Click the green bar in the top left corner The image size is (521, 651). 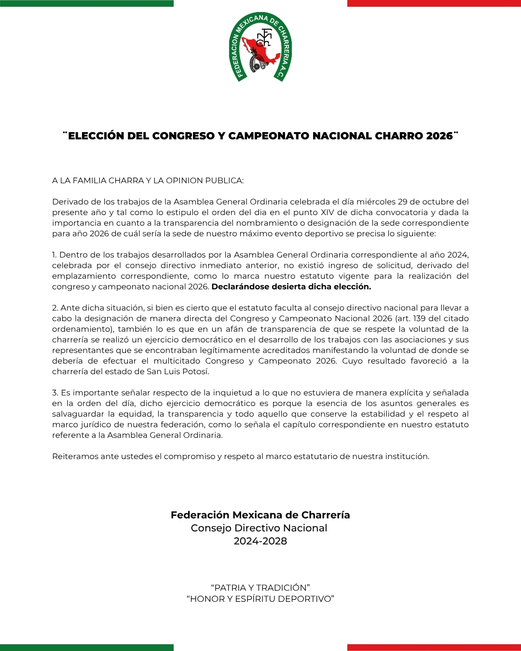click(x=87, y=3)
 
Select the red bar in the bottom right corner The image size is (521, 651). click(x=434, y=647)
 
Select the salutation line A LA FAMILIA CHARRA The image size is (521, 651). click(x=148, y=181)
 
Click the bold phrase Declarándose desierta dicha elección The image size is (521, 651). click(x=291, y=287)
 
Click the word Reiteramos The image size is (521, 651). click(x=75, y=457)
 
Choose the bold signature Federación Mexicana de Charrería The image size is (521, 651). click(x=260, y=515)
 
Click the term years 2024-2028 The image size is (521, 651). click(x=260, y=541)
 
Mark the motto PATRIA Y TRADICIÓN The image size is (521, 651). click(x=260, y=588)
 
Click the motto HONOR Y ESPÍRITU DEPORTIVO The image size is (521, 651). click(x=260, y=599)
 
